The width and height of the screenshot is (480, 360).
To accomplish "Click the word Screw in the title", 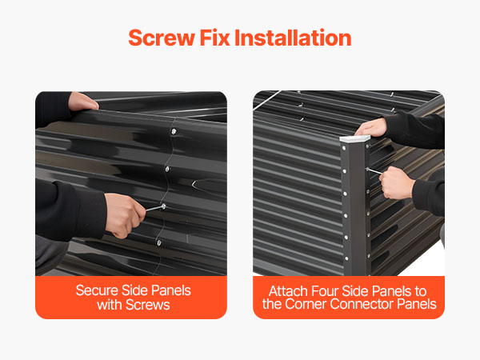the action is click(162, 38).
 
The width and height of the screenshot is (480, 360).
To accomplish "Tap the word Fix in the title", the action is click(214, 38).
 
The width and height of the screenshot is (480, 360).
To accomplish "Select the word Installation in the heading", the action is click(293, 38).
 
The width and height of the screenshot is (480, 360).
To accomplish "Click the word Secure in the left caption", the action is click(97, 290).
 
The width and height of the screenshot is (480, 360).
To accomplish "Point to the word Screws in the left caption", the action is click(147, 305).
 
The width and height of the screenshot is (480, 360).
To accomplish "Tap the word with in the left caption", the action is click(110, 305).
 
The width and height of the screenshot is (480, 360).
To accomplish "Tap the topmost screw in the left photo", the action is click(174, 132).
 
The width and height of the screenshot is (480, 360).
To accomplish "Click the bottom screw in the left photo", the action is click(159, 243).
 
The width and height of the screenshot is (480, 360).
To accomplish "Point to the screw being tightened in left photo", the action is click(163, 207).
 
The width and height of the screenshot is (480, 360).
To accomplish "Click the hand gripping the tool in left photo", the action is click(125, 215).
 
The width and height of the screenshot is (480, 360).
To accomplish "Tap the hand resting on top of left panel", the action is click(83, 102).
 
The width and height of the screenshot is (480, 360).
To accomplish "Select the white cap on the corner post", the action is click(355, 138).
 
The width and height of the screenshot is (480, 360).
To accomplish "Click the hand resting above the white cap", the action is click(371, 127).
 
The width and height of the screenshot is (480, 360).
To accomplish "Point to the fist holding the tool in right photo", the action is click(397, 183).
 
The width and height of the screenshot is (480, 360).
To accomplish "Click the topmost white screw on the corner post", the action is click(344, 149).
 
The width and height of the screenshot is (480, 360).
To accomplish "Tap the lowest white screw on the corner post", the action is click(346, 258).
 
